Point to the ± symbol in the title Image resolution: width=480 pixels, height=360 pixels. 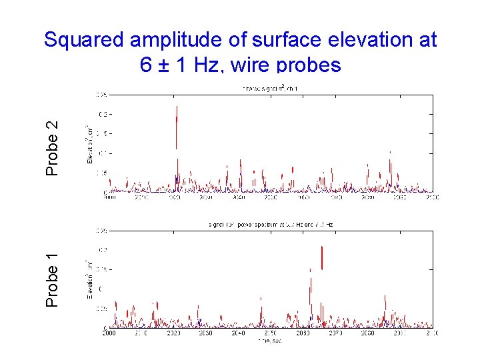(x=163, y=65)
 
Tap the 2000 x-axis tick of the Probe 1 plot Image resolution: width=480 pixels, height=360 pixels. (x=108, y=332)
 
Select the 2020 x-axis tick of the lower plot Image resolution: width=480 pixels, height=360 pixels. (x=173, y=332)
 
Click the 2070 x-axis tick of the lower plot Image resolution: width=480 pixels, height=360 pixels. (x=335, y=332)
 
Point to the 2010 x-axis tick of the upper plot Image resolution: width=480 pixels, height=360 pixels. (x=141, y=198)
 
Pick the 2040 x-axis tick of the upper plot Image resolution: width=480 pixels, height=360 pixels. (x=238, y=198)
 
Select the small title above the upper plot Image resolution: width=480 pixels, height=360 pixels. (x=269, y=89)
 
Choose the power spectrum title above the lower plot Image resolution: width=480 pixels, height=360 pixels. (x=269, y=225)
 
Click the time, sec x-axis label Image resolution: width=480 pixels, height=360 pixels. (x=269, y=340)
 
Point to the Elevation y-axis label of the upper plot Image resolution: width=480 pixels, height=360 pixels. (x=90, y=144)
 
